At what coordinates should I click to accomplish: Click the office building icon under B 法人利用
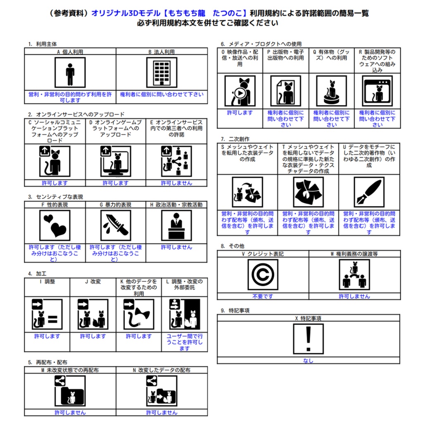coord(162,72)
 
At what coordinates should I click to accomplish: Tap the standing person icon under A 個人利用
coord(70,72)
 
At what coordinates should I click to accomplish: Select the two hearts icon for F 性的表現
coord(55,226)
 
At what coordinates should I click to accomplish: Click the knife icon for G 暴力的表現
coord(116,226)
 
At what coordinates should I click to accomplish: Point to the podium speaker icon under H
coord(176,226)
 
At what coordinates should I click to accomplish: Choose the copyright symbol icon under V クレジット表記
coord(263,275)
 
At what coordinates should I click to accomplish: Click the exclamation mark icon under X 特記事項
coord(308,339)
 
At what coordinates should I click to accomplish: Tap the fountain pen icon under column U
coord(369,192)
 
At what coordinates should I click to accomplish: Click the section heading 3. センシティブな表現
coord(56,197)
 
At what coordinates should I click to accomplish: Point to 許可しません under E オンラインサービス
coord(176,183)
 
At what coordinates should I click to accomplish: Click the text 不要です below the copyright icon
coord(263,296)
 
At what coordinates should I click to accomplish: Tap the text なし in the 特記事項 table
coord(308,361)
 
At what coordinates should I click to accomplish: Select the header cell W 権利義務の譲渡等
coord(354,254)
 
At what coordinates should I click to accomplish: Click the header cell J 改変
coord(93,282)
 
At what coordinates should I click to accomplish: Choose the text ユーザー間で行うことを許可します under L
coord(185,342)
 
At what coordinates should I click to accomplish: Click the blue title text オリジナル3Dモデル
coord(126,13)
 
